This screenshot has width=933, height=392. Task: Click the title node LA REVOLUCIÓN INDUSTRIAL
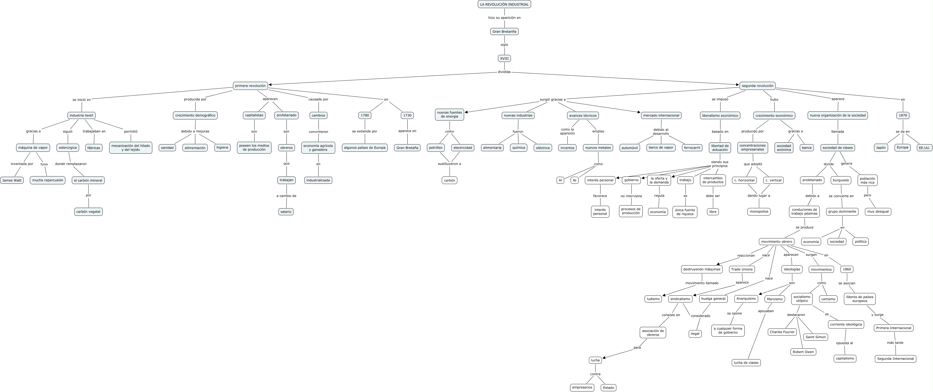pos(504,4)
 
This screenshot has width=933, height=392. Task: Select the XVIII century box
pos(504,58)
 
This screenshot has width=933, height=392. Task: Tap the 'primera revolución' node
pos(250,86)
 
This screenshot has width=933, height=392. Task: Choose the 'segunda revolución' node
pos(757,86)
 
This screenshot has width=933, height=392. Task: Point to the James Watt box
pos(12,180)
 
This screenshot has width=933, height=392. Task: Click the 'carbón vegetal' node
pos(88,211)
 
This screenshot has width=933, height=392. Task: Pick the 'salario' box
pos(286,211)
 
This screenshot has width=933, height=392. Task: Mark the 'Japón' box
pos(881,148)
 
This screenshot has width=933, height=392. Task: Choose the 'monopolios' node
pos(759,211)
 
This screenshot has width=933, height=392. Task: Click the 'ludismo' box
pos(653,299)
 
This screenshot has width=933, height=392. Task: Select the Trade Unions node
pos(742,269)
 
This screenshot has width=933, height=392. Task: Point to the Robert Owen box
pos(803,352)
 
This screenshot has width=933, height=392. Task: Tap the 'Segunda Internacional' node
pos(895,359)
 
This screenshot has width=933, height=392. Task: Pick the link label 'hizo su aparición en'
pos(504,17)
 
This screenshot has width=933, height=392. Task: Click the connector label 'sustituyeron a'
pos(450,164)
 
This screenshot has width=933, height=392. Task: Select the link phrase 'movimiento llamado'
pos(702,283)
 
